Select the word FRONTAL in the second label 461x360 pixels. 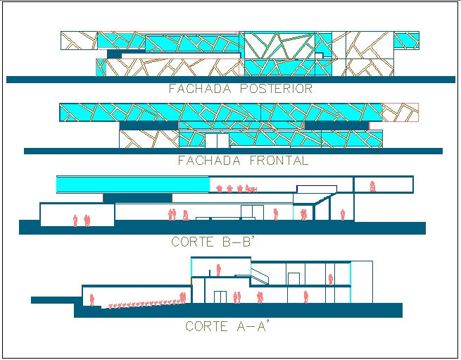[279, 161]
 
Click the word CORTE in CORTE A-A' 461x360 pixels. [207, 327]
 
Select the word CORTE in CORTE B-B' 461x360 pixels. [194, 242]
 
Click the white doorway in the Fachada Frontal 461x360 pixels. [217, 140]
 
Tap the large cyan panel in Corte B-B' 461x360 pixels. [132, 185]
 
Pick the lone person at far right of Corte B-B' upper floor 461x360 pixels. [372, 187]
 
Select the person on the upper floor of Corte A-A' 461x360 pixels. [219, 268]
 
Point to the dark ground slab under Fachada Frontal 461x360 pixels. [232, 151]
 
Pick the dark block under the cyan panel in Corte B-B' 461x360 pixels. [138, 198]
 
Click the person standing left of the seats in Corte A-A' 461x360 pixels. [92, 298]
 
